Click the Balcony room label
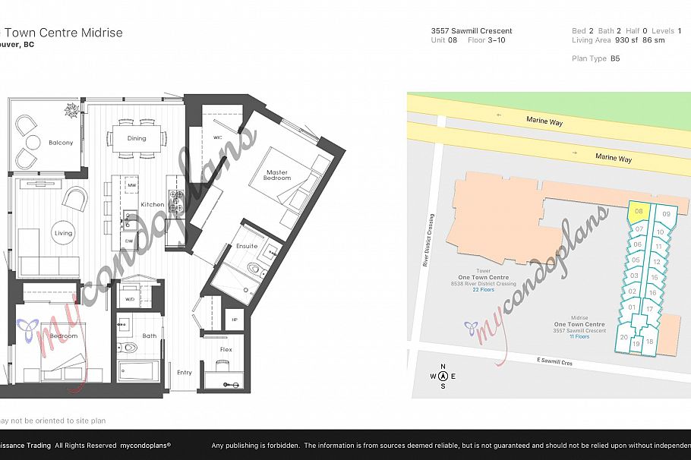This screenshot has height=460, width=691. point(61,143)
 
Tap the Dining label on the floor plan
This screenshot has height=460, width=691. point(137,138)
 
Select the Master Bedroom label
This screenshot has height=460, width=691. point(277,175)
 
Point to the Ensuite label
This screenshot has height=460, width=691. point(247,246)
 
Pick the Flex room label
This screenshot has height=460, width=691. point(226,350)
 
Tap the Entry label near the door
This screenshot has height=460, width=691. point(185,373)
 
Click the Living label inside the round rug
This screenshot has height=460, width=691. point(63,233)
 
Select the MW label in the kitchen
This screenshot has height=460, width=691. point(131,185)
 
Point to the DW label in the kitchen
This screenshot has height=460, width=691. point(130,241)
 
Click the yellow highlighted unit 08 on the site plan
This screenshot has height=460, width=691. point(639,212)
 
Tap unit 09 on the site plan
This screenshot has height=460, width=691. point(666,215)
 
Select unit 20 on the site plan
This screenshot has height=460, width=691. point(623,337)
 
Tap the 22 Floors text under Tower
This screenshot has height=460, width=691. point(483,290)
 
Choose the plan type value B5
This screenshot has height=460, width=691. point(615,58)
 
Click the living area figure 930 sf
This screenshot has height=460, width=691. point(626,40)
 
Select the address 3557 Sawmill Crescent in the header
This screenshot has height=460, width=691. point(472,31)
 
